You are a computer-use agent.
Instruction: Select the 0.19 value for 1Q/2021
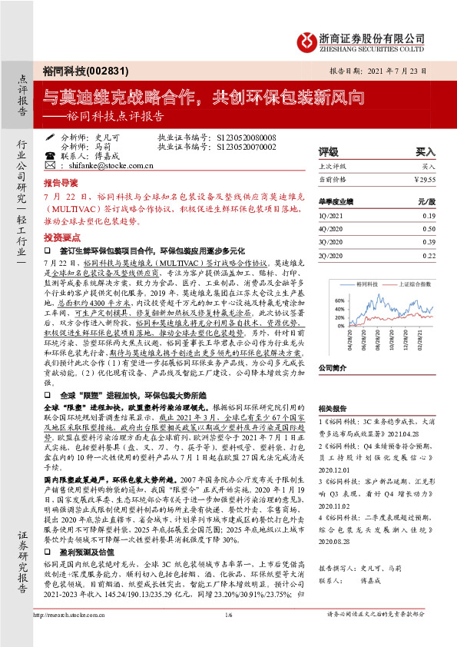[x=429, y=217]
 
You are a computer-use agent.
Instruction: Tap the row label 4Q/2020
[x=331, y=230]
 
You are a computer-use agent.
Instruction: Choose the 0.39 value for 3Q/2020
[x=429, y=242]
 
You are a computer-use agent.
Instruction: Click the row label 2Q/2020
[x=331, y=254]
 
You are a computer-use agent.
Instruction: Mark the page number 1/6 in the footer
[x=229, y=635]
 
